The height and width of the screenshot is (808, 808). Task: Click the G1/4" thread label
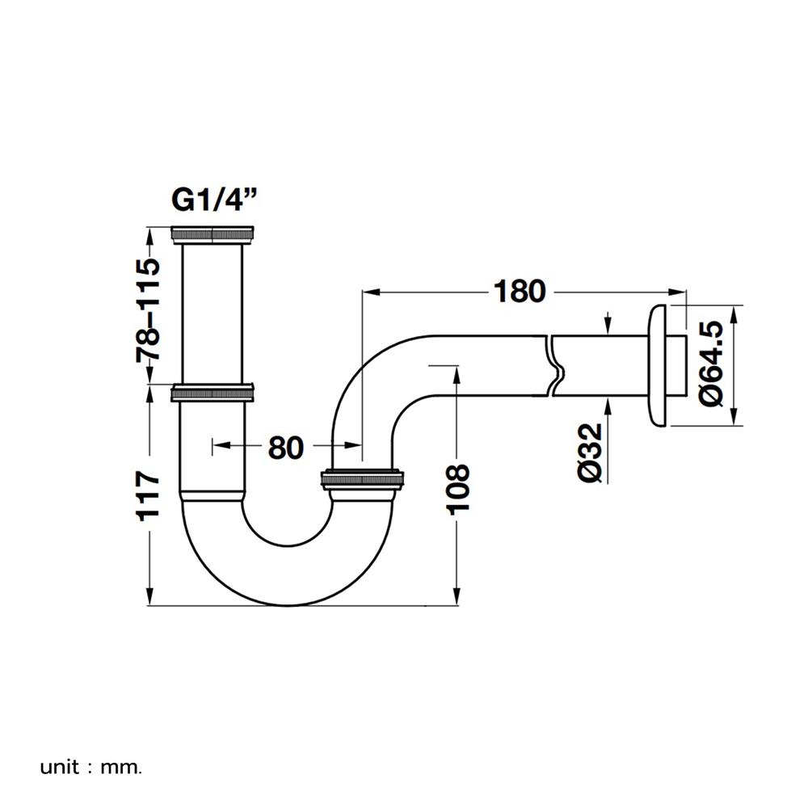pos(214,199)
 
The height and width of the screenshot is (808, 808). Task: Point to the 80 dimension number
pos(285,446)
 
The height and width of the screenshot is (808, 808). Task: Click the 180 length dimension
pos(520,291)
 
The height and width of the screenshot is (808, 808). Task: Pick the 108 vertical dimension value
pos(457,489)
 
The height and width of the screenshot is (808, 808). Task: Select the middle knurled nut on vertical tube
pos(213,393)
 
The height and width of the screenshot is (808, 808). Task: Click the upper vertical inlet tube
pos(213,311)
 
